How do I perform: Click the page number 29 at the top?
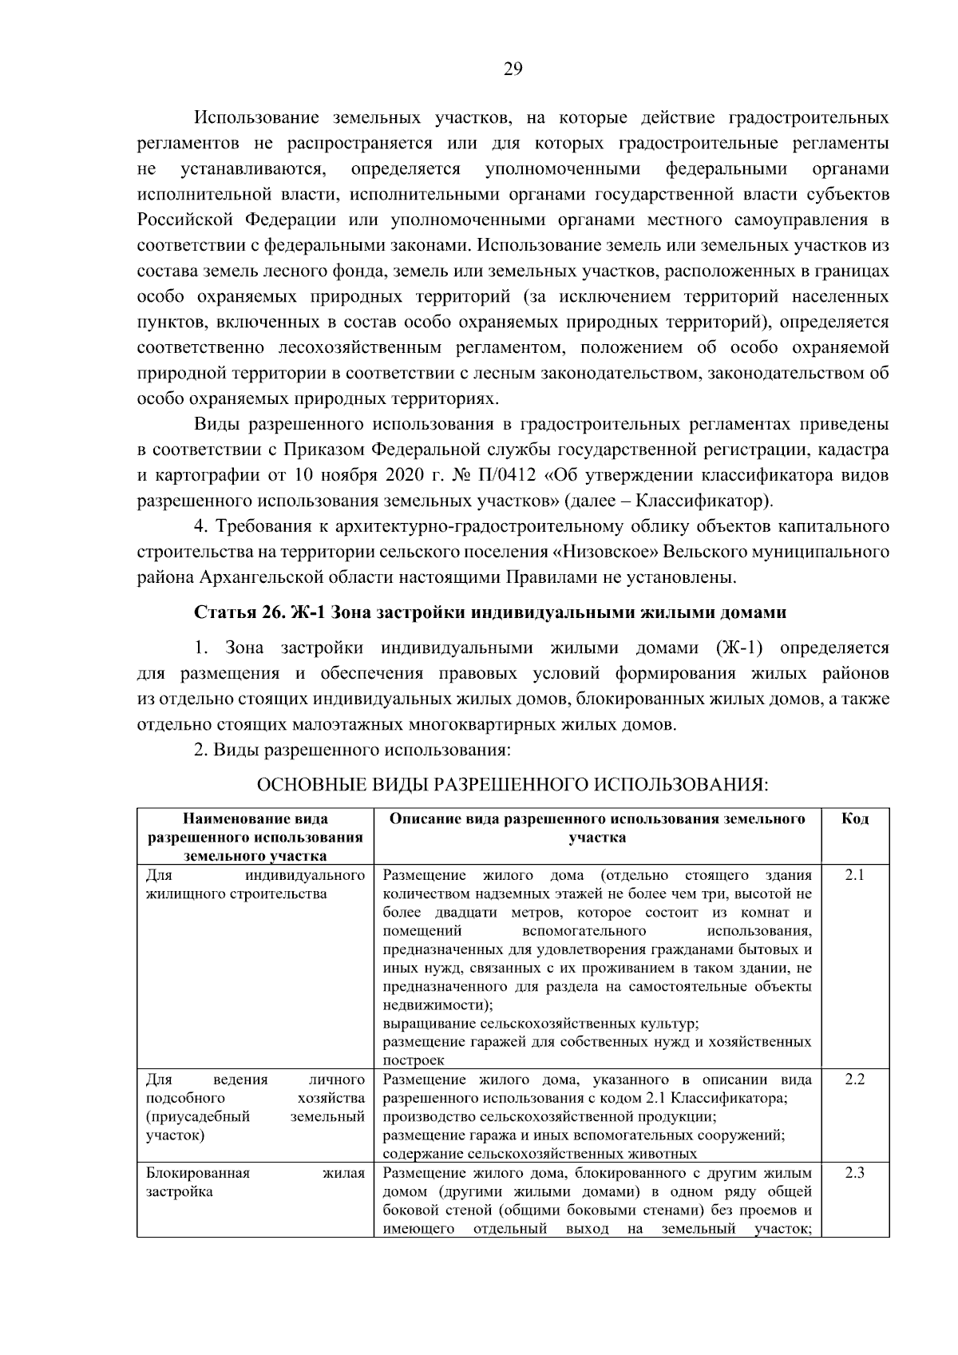pyautogui.click(x=513, y=69)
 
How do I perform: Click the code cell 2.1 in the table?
pyautogui.click(x=854, y=874)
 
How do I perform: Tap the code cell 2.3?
pyautogui.click(x=854, y=1173)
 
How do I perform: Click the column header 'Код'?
pyautogui.click(x=855, y=818)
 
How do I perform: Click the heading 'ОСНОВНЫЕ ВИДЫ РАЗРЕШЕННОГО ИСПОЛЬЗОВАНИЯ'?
pyautogui.click(x=511, y=785)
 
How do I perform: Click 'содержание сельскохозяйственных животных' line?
pyautogui.click(x=540, y=1154)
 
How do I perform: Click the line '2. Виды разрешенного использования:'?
pyautogui.click(x=351, y=751)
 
